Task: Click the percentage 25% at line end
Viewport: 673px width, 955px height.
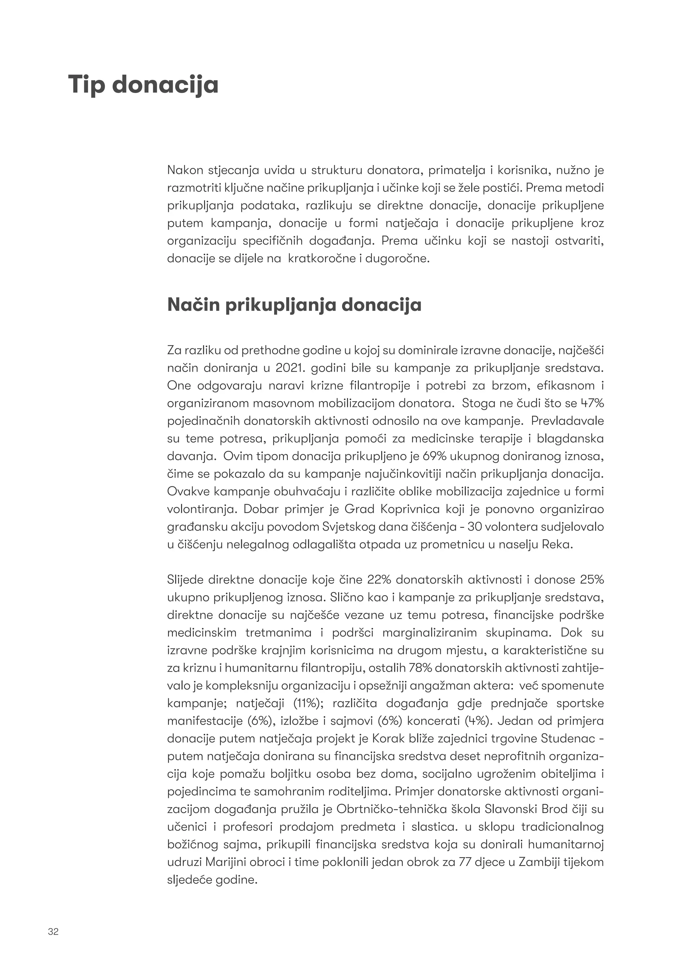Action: click(x=592, y=579)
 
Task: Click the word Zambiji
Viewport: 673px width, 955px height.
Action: click(x=539, y=862)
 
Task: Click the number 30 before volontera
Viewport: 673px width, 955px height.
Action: click(x=475, y=526)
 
